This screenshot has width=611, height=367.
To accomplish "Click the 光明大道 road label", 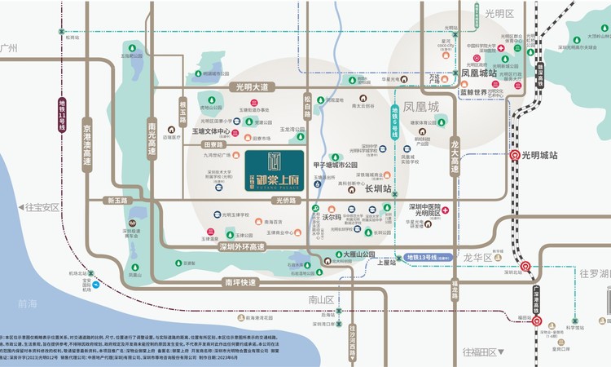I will coord(253,87).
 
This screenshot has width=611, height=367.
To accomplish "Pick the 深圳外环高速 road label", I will coord(231,247).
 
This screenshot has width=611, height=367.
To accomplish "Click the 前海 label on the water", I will coord(29,303).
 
